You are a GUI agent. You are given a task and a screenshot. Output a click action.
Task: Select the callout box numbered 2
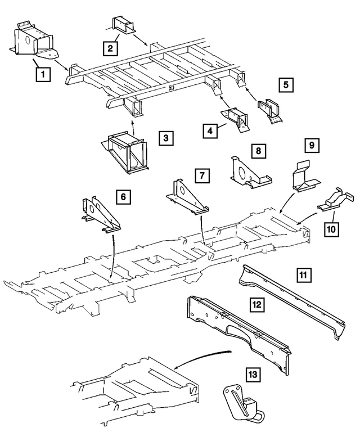[x=110, y=48]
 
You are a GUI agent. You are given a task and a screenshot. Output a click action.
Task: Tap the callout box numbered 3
[x=165, y=137]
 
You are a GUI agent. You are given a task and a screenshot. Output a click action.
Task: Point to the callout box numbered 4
[x=210, y=131]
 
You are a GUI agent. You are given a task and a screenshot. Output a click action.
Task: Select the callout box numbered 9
[x=311, y=146]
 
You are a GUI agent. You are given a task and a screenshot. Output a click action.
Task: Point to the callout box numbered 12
[x=256, y=305]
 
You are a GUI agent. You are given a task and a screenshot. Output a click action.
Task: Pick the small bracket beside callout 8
[x=247, y=172]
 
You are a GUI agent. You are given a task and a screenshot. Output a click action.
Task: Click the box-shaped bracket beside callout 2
[x=123, y=26]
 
